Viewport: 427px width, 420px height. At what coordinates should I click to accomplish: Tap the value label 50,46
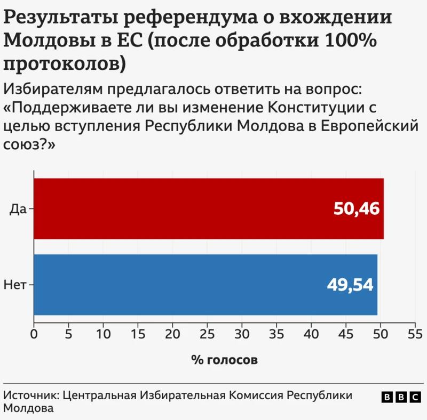pyautogui.click(x=356, y=209)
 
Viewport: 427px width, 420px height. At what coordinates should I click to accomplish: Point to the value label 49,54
pyautogui.click(x=350, y=285)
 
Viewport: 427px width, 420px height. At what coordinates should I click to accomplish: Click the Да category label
pyautogui.click(x=18, y=209)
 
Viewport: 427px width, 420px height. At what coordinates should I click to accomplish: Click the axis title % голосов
pyautogui.click(x=224, y=360)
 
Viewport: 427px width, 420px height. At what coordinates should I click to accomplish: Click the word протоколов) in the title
pyautogui.click(x=65, y=63)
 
